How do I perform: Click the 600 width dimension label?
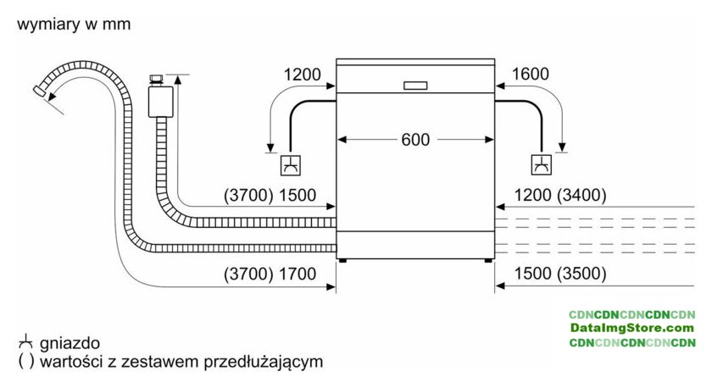pyautogui.click(x=415, y=140)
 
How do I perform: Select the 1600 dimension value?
pyautogui.click(x=531, y=74)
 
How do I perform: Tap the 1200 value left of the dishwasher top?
pyautogui.click(x=302, y=75)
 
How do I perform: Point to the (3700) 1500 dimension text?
pyautogui.click(x=270, y=195)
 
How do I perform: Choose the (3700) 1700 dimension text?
pyautogui.click(x=270, y=274)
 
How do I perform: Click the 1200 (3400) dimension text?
pyautogui.click(x=560, y=195)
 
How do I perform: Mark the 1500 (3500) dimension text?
pyautogui.click(x=560, y=274)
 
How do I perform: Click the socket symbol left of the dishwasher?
pyautogui.click(x=290, y=165)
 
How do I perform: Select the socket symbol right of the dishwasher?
pyautogui.click(x=542, y=164)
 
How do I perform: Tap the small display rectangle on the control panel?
pyautogui.click(x=415, y=86)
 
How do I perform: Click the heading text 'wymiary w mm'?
pyautogui.click(x=74, y=24)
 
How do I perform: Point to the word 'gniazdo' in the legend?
pyautogui.click(x=70, y=344)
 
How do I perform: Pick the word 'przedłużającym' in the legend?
pyautogui.click(x=264, y=362)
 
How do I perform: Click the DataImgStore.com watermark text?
pyautogui.click(x=632, y=328)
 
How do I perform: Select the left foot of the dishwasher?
pyautogui.click(x=342, y=260)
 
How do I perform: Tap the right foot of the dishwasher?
pyautogui.click(x=487, y=260)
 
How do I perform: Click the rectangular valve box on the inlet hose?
pyautogui.click(x=160, y=101)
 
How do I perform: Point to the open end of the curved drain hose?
pyautogui.click(x=39, y=91)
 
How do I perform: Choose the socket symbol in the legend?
pyautogui.click(x=26, y=341)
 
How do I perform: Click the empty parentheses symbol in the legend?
pyautogui.click(x=26, y=362)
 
